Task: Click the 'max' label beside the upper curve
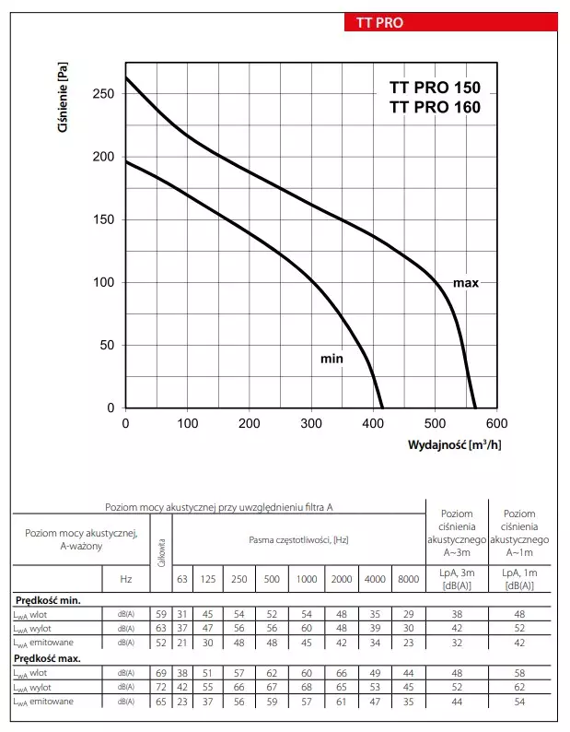(x=465, y=283)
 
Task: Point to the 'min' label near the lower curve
(x=332, y=358)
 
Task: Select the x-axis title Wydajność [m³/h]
(x=455, y=445)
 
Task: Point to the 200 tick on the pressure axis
(x=103, y=157)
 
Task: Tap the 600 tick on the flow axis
(x=496, y=424)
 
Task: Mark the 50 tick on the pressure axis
(x=107, y=346)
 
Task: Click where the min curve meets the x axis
(x=382, y=407)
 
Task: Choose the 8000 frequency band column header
(x=406, y=579)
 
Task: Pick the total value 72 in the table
(x=160, y=688)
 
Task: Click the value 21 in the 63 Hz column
(x=181, y=642)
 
